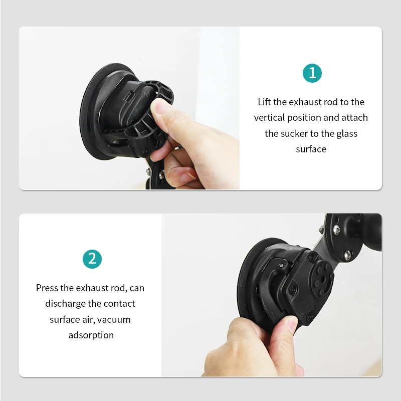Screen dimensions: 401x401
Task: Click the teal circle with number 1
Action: click(312, 73)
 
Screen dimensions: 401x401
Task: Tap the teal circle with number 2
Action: click(92, 259)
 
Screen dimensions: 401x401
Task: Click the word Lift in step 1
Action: click(264, 102)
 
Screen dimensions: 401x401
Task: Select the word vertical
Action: click(269, 118)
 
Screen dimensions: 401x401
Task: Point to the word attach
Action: click(354, 118)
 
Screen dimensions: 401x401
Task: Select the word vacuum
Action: click(114, 319)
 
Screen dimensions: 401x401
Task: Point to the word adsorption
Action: click(91, 335)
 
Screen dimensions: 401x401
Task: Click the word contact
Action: click(120, 304)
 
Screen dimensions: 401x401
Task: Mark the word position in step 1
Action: click(306, 118)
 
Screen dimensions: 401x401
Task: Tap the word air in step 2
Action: click(88, 319)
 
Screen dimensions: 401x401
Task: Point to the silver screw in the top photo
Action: click(148, 173)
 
